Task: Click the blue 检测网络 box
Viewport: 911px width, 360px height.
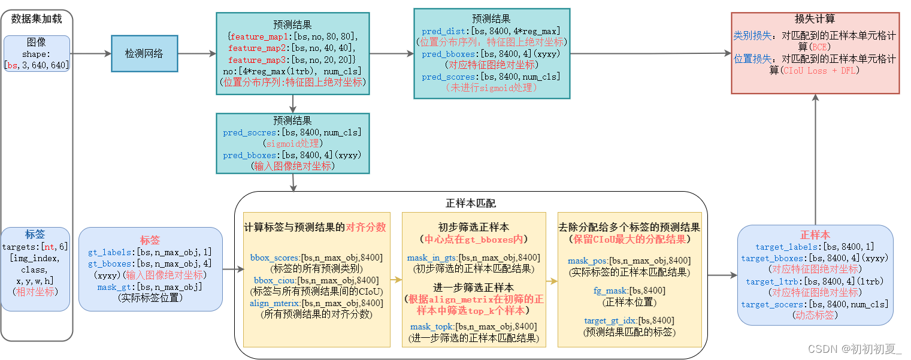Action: point(144,54)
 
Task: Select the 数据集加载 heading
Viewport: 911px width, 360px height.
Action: point(37,19)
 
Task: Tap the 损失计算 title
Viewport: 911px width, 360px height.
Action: point(815,19)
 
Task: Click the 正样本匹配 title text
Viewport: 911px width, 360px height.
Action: point(471,204)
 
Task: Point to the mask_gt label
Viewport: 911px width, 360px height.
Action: point(115,288)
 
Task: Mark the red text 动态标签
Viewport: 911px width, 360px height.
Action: point(815,315)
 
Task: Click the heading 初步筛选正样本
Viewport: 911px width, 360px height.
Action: point(473,228)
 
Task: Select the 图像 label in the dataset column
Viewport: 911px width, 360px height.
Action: point(37,43)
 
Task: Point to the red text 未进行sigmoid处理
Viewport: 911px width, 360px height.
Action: point(491,87)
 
